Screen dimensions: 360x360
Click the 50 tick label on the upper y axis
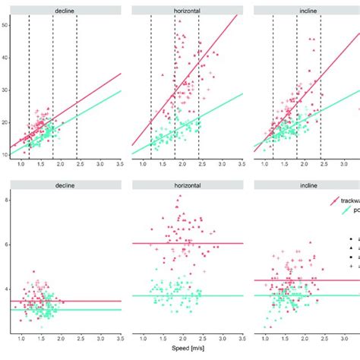click(5, 25)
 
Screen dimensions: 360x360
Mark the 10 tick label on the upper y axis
click(5, 155)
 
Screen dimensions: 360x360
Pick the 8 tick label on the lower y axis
click(6, 200)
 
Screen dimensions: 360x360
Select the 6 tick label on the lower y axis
click(6, 245)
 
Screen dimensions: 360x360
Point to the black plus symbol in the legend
click(344, 267)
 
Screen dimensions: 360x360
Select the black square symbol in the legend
click(344, 257)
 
